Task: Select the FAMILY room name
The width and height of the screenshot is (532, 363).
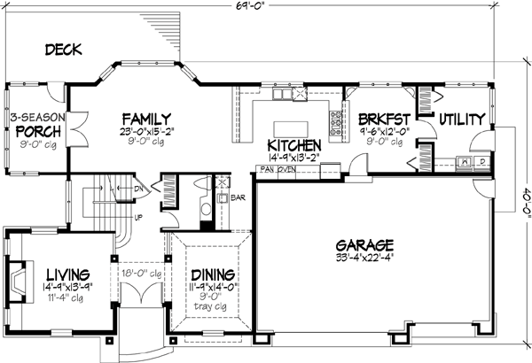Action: point(147,119)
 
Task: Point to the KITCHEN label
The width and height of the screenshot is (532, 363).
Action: point(293,144)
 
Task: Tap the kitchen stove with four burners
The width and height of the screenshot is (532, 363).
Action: point(337,123)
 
